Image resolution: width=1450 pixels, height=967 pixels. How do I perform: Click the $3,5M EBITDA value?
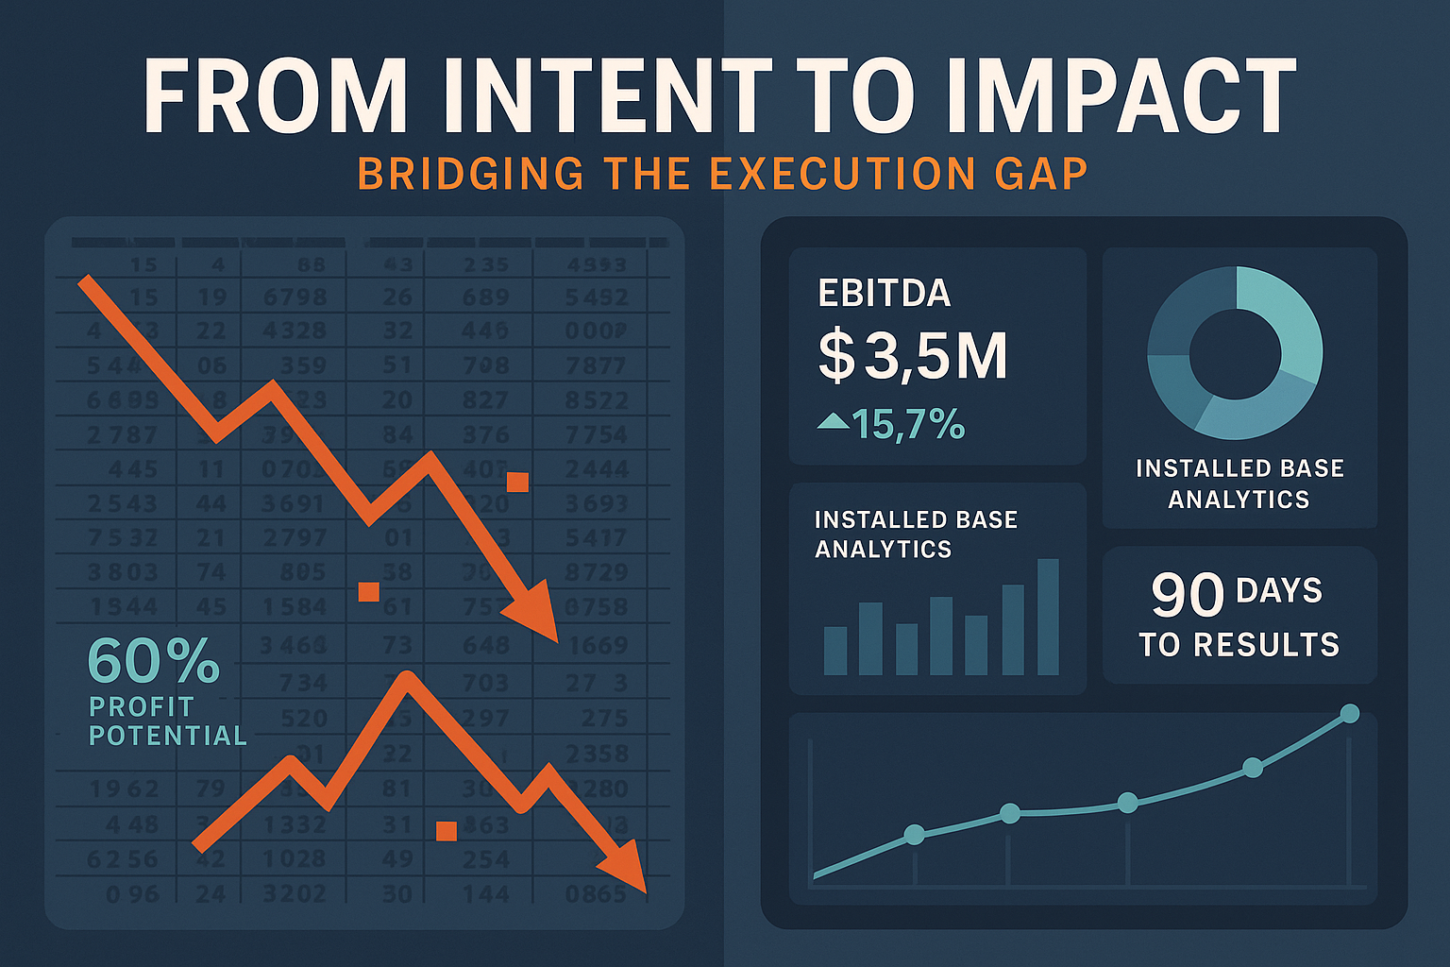click(912, 356)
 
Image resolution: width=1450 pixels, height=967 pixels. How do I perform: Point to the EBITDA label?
click(884, 294)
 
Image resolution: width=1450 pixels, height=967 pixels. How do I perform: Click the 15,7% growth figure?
click(908, 425)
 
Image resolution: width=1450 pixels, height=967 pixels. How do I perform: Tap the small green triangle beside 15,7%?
click(833, 421)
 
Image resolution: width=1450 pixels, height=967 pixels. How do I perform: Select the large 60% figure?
click(153, 661)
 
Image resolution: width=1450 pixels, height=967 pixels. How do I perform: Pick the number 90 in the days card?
click(1187, 595)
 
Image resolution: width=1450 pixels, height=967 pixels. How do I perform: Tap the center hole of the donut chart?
click(1235, 353)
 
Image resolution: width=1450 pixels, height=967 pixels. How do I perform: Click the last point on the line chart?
click(1350, 713)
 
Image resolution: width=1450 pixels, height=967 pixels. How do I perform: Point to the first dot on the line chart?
click(914, 834)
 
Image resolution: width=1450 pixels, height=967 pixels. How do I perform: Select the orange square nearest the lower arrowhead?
click(447, 831)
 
